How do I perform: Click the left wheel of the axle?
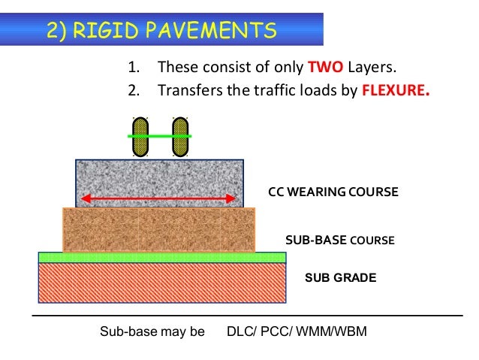coord(140,136)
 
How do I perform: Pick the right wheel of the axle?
coord(180,136)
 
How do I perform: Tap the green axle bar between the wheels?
coord(160,136)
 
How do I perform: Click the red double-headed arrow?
coord(159,198)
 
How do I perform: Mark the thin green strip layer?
coord(162,257)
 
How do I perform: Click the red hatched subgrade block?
coord(162,283)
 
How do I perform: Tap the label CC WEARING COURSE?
coord(333,192)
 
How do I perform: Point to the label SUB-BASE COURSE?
coord(340,241)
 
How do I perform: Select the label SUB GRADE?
coord(340,277)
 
